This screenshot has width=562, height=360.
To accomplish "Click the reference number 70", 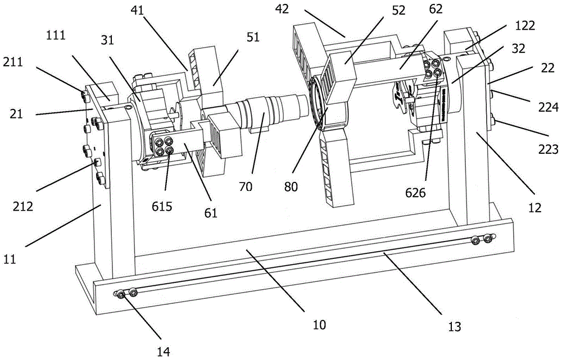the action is (246, 186).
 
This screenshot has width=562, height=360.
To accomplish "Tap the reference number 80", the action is (291, 186).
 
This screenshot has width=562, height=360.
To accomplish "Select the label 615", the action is (162, 207).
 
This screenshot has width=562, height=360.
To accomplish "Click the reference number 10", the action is (319, 325).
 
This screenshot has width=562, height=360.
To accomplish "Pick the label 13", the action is (454, 326).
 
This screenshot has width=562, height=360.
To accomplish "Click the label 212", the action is (23, 206).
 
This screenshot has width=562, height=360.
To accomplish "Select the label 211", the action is (13, 62).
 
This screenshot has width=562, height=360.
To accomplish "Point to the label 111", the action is (56, 35).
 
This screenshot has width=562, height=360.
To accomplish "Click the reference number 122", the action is (525, 26).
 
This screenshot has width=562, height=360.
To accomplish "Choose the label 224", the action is (549, 107).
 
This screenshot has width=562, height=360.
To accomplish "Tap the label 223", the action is (549, 149).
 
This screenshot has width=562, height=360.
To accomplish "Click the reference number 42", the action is (282, 10).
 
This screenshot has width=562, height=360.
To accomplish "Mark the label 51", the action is (253, 37).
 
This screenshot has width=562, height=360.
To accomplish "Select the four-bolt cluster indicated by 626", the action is (432, 67).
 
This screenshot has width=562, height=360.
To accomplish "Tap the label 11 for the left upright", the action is (10, 258).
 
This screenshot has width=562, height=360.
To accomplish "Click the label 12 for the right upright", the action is (535, 207).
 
